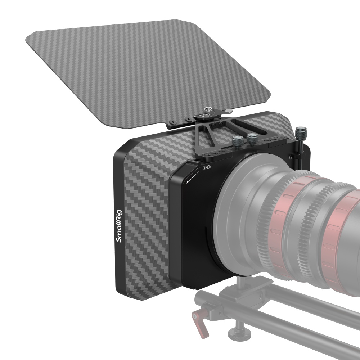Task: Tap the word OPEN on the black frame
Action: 207,167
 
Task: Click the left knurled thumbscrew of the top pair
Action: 237,141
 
